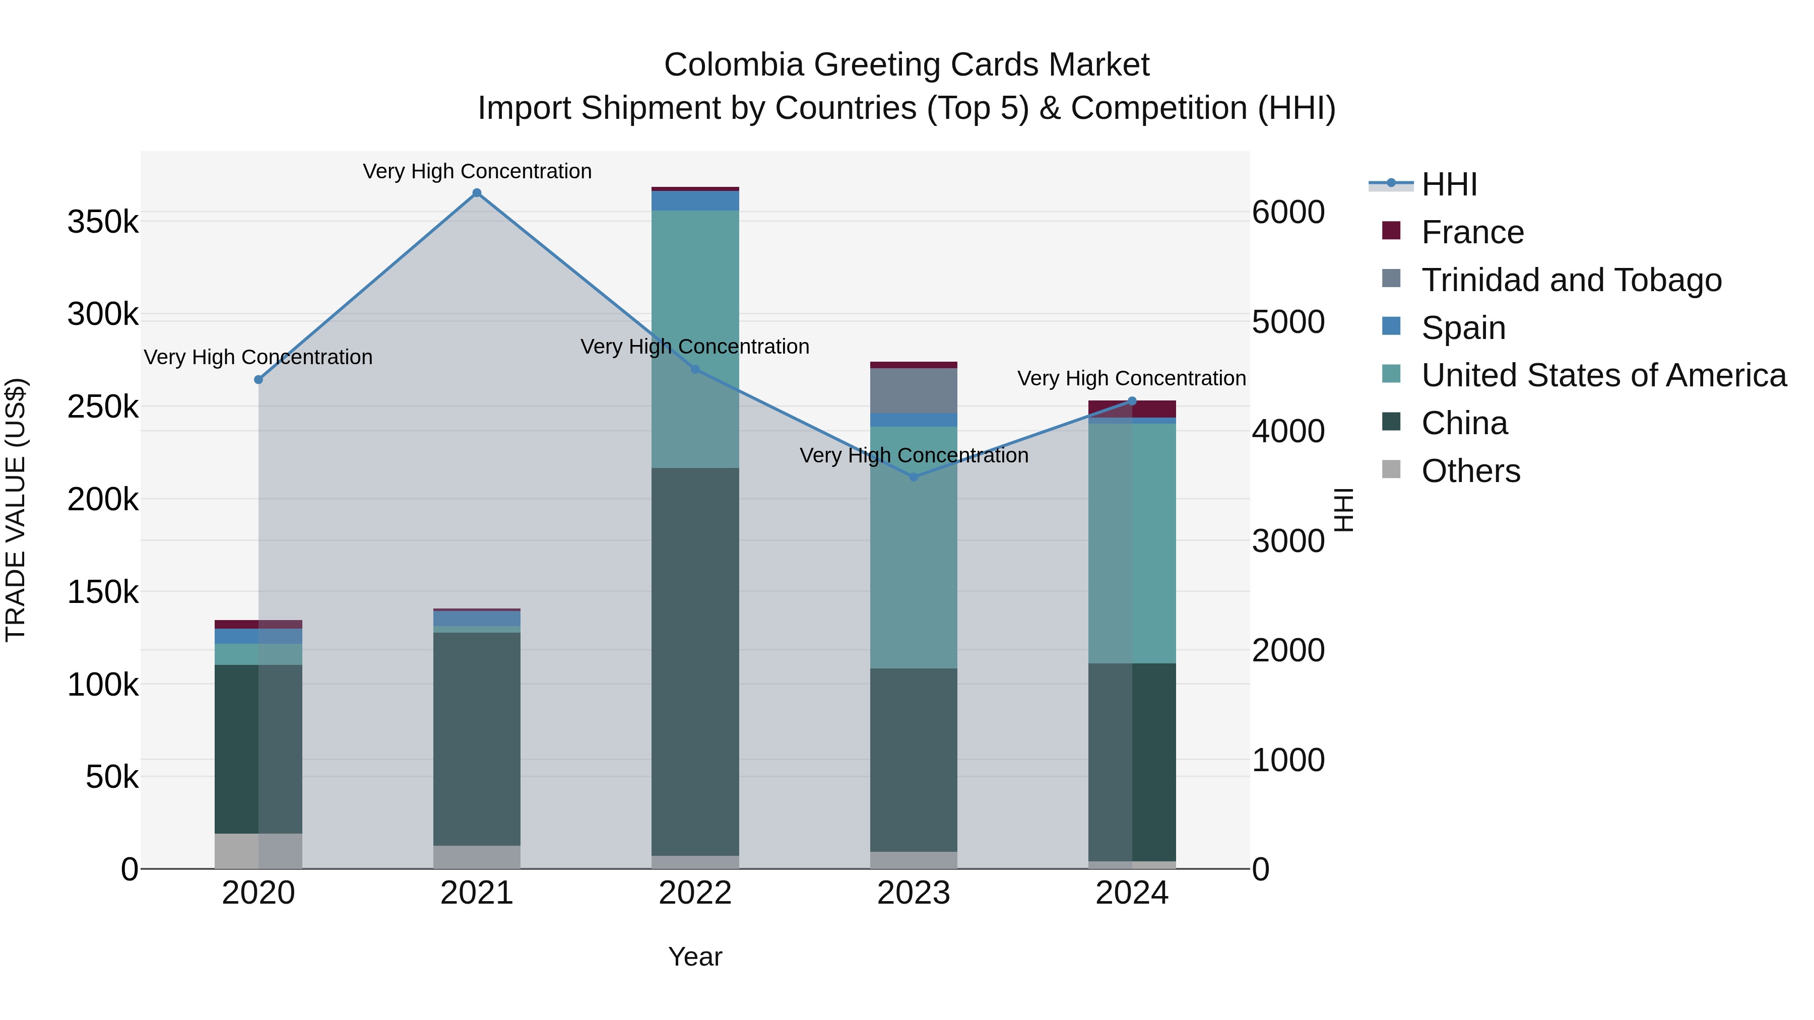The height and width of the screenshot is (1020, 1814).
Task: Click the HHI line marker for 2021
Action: [477, 193]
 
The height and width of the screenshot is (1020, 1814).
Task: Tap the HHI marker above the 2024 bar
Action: [1132, 401]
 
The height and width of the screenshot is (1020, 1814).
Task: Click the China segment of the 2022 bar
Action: [695, 662]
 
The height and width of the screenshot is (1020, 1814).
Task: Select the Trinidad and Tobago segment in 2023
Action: [914, 391]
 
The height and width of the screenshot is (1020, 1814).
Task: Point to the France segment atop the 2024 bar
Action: [1132, 409]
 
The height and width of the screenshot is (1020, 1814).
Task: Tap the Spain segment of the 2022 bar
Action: [695, 200]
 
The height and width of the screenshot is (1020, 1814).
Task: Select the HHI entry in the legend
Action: [1449, 184]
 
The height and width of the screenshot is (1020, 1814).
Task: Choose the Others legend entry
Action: [1470, 471]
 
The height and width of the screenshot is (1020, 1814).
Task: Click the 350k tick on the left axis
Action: [103, 223]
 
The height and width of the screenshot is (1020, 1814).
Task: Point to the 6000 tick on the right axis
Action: [1288, 213]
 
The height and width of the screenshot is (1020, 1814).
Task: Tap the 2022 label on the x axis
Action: [695, 893]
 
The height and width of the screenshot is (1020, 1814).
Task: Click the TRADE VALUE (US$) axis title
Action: [16, 510]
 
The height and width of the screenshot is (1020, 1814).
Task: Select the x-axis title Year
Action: [695, 957]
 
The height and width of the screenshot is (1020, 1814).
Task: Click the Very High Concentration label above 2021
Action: [477, 171]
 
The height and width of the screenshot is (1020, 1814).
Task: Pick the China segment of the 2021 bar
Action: [477, 739]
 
